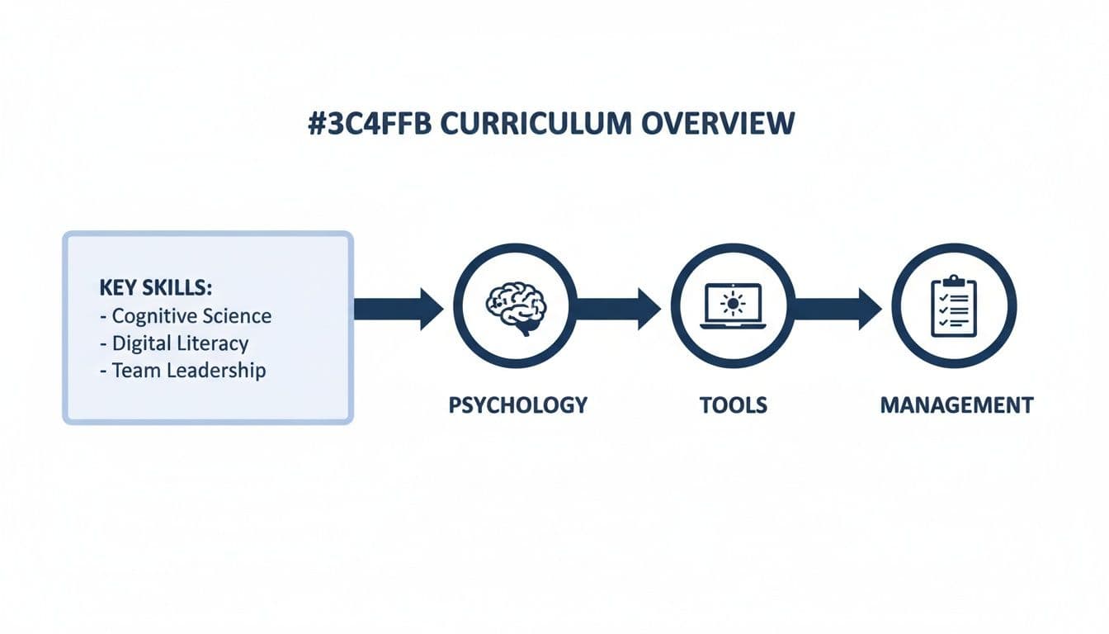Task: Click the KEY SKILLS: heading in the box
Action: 155,288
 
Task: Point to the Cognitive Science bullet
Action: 185,315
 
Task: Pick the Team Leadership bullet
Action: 182,370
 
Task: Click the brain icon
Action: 516,306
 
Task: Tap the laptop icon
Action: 733,306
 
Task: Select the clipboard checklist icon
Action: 954,305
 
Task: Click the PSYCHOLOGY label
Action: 518,405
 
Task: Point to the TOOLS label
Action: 733,405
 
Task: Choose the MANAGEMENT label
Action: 956,405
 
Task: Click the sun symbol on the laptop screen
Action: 733,303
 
